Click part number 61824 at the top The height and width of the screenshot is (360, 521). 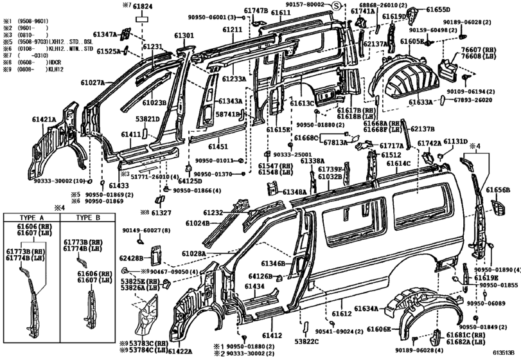pyautogui.click(x=143, y=6)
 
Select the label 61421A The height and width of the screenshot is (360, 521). pyautogui.click(x=44, y=120)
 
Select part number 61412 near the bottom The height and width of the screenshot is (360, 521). pyautogui.click(x=272, y=336)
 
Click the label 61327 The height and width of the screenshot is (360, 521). pyautogui.click(x=161, y=213)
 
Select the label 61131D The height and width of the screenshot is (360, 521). pyautogui.click(x=455, y=141)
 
